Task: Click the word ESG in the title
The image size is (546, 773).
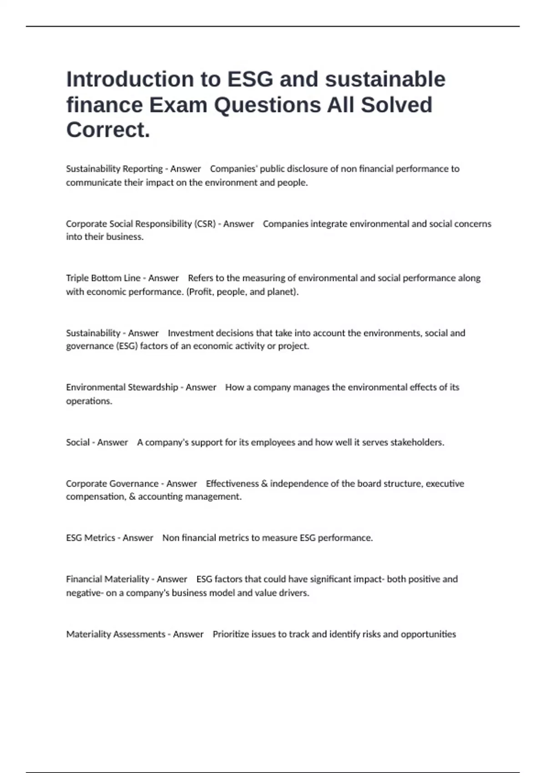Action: [x=250, y=79]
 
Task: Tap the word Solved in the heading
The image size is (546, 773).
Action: [x=396, y=105]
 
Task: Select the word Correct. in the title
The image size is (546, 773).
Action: [x=108, y=130]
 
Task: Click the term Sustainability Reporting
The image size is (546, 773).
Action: [x=114, y=169]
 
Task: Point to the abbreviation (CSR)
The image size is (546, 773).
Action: [x=205, y=224]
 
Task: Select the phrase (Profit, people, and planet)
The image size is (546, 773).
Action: [x=243, y=291]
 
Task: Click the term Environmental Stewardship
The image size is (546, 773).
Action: [x=122, y=387]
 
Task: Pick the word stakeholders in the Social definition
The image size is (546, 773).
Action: [x=417, y=442]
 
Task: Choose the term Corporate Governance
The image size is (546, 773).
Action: [x=112, y=483]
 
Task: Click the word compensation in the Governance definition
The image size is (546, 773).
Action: [x=95, y=497]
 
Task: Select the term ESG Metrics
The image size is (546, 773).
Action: [x=91, y=538]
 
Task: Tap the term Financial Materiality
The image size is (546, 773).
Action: [x=107, y=579]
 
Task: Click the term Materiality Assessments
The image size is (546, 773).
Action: [x=116, y=634]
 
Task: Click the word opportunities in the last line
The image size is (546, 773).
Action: [x=428, y=634]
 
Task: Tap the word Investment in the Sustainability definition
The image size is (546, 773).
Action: [x=191, y=333]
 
